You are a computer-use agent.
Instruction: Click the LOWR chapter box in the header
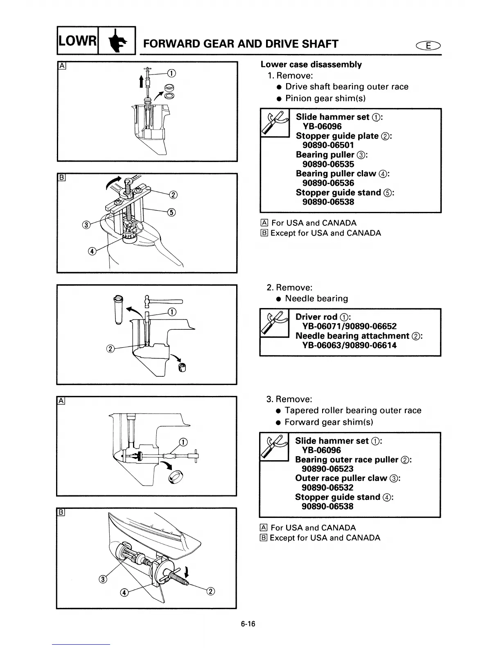(x=77, y=40)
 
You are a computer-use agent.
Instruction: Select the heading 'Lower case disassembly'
(x=311, y=65)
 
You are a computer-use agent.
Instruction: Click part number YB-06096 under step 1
(x=322, y=126)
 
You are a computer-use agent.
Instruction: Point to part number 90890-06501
(x=328, y=145)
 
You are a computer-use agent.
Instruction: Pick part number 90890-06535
(x=328, y=164)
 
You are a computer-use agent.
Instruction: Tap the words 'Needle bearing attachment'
(x=352, y=336)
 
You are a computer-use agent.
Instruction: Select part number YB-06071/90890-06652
(x=349, y=326)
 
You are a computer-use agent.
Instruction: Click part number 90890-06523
(x=327, y=469)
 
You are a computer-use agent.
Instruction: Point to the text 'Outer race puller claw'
(x=341, y=478)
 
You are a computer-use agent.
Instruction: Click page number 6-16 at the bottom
(x=248, y=624)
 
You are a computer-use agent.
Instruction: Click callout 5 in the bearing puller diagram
(x=171, y=212)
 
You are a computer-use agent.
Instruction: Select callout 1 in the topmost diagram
(x=172, y=74)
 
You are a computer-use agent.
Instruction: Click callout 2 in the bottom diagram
(x=211, y=591)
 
